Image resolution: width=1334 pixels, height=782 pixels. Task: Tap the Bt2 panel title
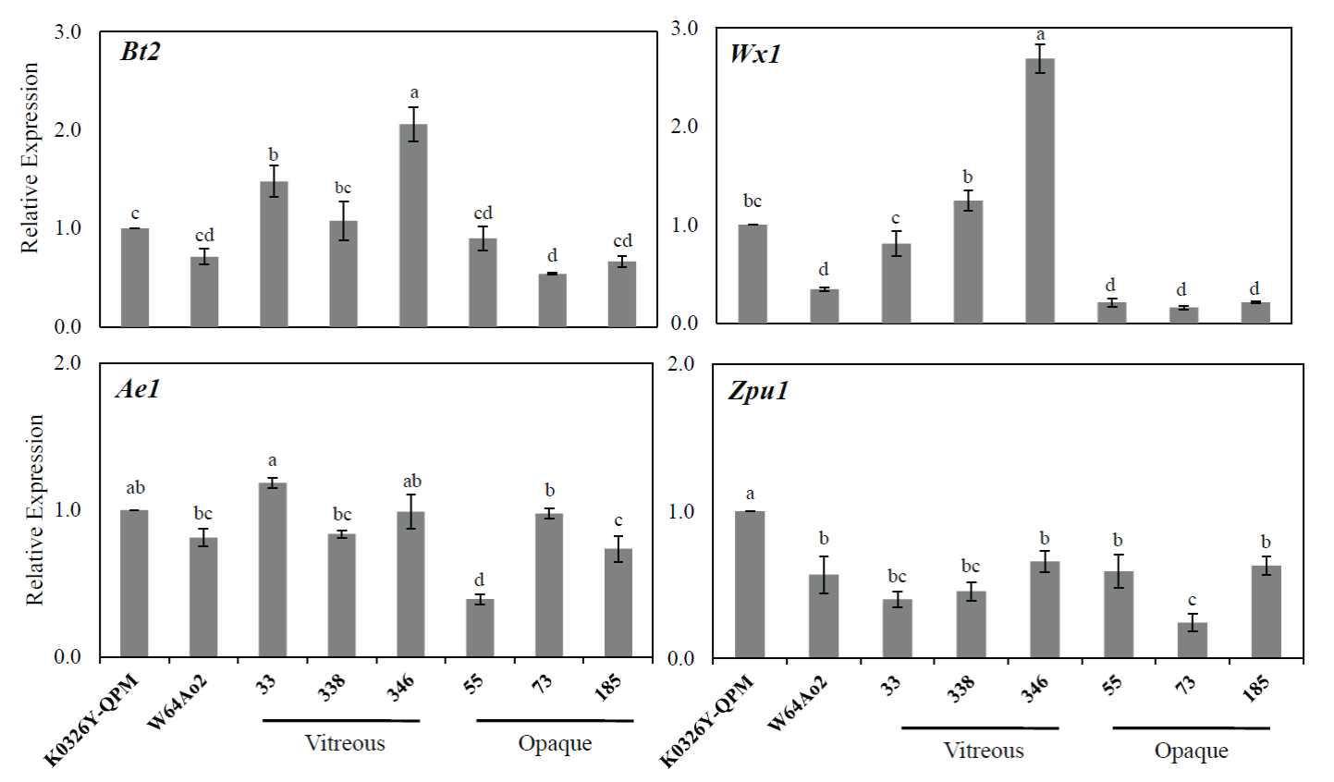pyautogui.click(x=141, y=52)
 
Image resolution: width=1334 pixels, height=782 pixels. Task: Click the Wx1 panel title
pyautogui.click(x=755, y=53)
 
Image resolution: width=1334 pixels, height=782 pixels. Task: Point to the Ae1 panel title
pyautogui.click(x=139, y=389)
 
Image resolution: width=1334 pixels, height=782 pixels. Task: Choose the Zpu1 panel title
pyautogui.click(x=758, y=391)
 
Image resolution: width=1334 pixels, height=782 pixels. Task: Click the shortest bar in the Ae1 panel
pyautogui.click(x=480, y=628)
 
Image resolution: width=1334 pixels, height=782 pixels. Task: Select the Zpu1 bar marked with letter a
pyautogui.click(x=750, y=584)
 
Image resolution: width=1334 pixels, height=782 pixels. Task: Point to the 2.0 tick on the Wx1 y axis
pyautogui.click(x=685, y=127)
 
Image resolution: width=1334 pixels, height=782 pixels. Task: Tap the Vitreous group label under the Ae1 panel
pyautogui.click(x=345, y=743)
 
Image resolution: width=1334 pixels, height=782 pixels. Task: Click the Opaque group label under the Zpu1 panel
pyautogui.click(x=1191, y=751)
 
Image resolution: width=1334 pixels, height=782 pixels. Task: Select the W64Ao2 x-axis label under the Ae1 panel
pyautogui.click(x=177, y=703)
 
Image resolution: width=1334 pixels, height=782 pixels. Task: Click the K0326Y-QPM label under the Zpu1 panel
pyautogui.click(x=707, y=721)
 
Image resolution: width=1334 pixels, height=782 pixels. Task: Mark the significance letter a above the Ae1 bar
pyautogui.click(x=273, y=461)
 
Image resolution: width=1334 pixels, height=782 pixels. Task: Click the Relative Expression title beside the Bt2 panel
pyautogui.click(x=31, y=157)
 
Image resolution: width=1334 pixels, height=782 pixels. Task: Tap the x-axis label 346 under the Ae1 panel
pyautogui.click(x=400, y=688)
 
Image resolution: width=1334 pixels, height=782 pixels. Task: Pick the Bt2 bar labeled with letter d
pyautogui.click(x=552, y=299)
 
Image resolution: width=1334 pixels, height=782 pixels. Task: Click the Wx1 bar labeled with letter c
pyautogui.click(x=896, y=283)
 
